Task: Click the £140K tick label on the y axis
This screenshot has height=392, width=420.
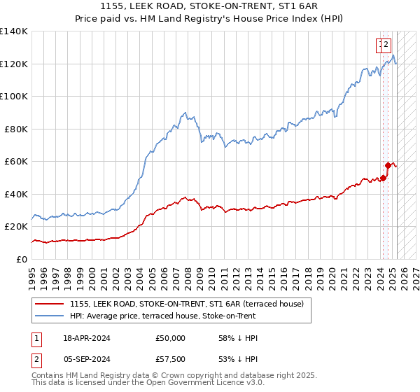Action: (x=14, y=31)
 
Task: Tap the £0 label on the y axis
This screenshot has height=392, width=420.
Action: (x=22, y=259)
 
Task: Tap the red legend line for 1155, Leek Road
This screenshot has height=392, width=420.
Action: (x=48, y=304)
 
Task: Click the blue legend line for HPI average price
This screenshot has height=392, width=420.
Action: (x=48, y=316)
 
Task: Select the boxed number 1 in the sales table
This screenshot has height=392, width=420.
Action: (x=37, y=338)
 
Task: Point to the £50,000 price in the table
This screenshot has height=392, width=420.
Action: (x=171, y=338)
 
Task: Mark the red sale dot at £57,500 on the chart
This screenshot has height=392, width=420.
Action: (x=388, y=165)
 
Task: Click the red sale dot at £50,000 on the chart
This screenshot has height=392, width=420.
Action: (x=383, y=178)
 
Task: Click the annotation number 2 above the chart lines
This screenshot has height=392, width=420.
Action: (x=386, y=45)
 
